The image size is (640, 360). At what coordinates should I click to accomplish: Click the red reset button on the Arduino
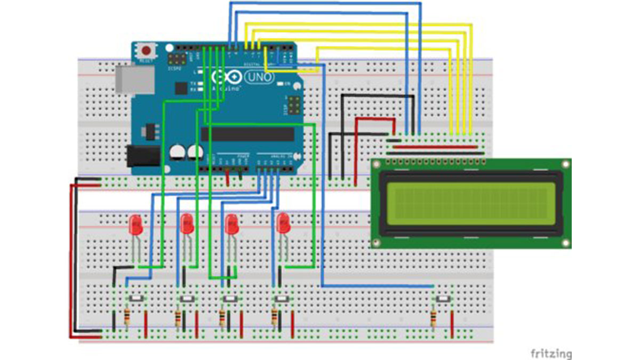[146, 51]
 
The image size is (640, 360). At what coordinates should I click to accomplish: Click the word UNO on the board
[259, 78]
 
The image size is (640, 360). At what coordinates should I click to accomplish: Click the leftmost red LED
[136, 224]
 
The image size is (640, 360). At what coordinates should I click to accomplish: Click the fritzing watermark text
[551, 353]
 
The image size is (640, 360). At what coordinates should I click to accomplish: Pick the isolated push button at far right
[443, 300]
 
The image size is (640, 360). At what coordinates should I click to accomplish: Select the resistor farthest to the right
[435, 319]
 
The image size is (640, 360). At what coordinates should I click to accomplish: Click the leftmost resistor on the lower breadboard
[127, 318]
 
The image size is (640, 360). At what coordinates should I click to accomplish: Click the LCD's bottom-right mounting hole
[564, 243]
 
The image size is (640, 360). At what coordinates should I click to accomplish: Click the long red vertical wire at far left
[70, 261]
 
